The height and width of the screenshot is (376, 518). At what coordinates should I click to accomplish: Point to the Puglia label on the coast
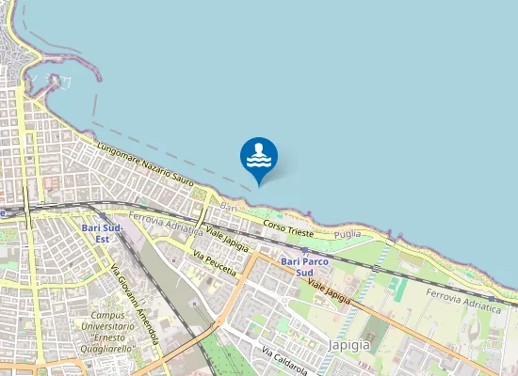[348, 233]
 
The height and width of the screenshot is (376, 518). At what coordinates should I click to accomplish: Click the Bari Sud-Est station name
[103, 233]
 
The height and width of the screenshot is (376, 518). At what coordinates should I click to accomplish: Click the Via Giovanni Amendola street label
[135, 300]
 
